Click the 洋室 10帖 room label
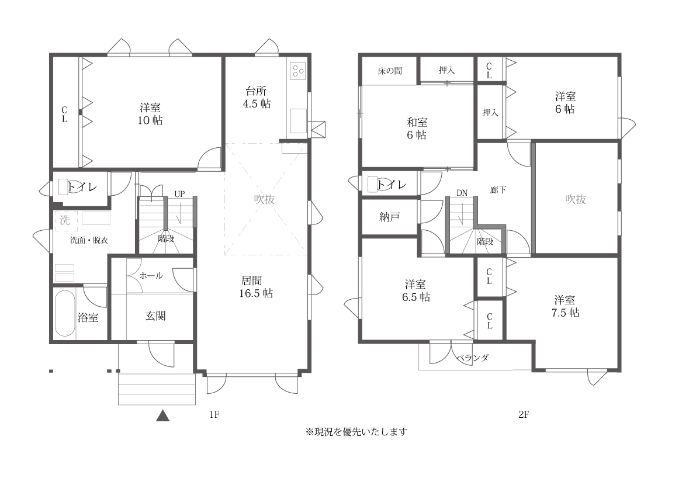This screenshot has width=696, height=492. point(150,114)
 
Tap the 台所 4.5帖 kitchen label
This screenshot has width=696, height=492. point(257,98)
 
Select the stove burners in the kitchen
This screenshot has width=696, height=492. point(297,71)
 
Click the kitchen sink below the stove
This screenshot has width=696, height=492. point(298,121)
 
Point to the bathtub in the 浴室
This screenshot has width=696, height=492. point(65,314)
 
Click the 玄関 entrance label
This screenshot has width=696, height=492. point(155,316)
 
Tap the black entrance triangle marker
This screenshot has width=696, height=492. point(163,415)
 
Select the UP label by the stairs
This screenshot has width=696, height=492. point(179,194)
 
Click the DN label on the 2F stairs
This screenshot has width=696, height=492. point(462,193)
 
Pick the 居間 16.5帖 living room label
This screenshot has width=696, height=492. point(256,287)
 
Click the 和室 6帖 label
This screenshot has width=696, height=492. point(417,128)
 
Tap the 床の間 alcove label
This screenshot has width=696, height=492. point(390,71)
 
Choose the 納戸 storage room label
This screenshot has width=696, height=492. point(389,217)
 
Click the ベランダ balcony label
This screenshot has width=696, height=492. point(472,358)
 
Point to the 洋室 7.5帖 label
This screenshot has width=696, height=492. point(565,306)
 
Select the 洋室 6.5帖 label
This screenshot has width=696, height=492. point(416,290)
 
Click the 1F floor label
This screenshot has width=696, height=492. point(214,415)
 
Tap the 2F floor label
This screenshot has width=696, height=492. point(524,415)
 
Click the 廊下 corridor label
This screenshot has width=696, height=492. point(498,190)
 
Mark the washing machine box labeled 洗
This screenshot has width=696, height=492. point(65,220)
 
